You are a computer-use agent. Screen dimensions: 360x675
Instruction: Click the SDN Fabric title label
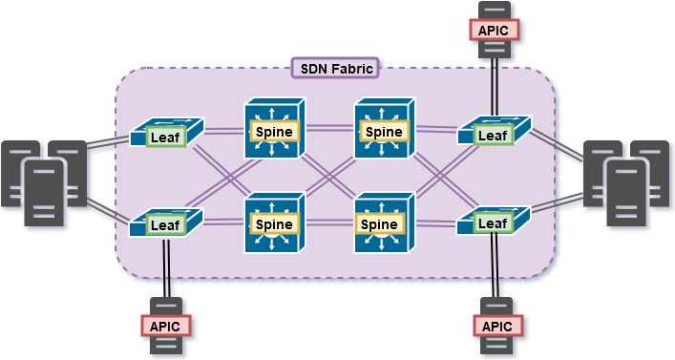[x=334, y=68]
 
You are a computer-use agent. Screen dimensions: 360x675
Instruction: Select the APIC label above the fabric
[x=495, y=29]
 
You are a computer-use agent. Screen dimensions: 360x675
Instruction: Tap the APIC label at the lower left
[x=166, y=326]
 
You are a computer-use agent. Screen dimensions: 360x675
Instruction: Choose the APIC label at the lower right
[x=496, y=326]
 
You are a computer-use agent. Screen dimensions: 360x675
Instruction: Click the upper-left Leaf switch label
[x=165, y=138]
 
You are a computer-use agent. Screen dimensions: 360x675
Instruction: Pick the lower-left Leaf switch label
[x=165, y=225]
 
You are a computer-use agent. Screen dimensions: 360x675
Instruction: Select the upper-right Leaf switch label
[x=493, y=135]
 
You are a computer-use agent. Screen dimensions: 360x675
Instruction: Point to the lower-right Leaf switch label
[x=493, y=223]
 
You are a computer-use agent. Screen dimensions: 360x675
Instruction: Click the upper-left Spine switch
[x=274, y=130]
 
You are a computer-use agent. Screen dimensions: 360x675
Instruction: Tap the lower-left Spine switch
[x=274, y=223]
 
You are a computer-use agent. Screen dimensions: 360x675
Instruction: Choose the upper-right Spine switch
[x=384, y=130]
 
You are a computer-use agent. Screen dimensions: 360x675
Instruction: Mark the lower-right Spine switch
[x=384, y=223]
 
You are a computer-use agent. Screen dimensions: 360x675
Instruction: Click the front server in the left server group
[x=45, y=192]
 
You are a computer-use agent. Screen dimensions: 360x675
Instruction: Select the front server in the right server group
[x=627, y=192]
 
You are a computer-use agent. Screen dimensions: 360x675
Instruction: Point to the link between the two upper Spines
[x=328, y=127]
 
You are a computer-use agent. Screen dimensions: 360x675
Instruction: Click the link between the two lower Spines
[x=328, y=222]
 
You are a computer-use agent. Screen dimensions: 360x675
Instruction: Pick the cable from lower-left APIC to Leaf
[x=166, y=271]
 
